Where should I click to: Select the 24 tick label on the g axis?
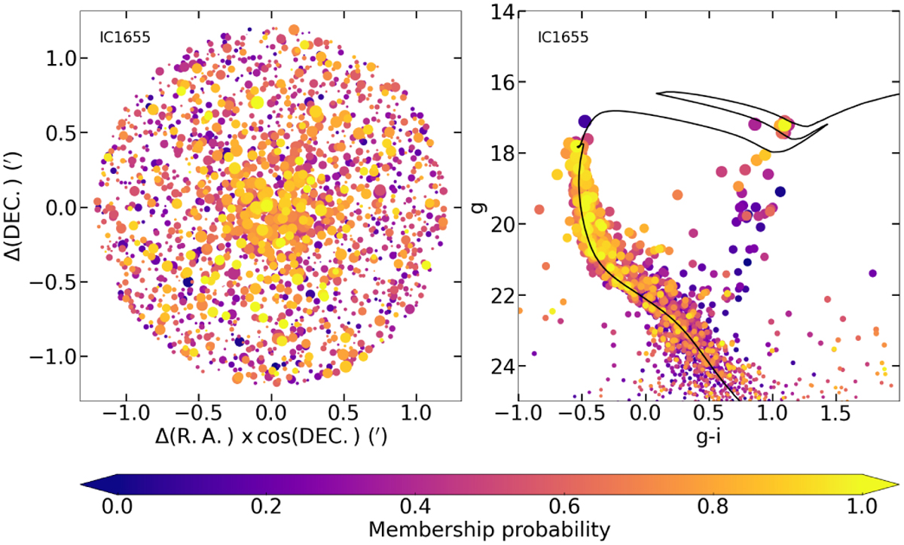498,367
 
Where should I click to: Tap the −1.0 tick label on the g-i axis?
515,413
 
